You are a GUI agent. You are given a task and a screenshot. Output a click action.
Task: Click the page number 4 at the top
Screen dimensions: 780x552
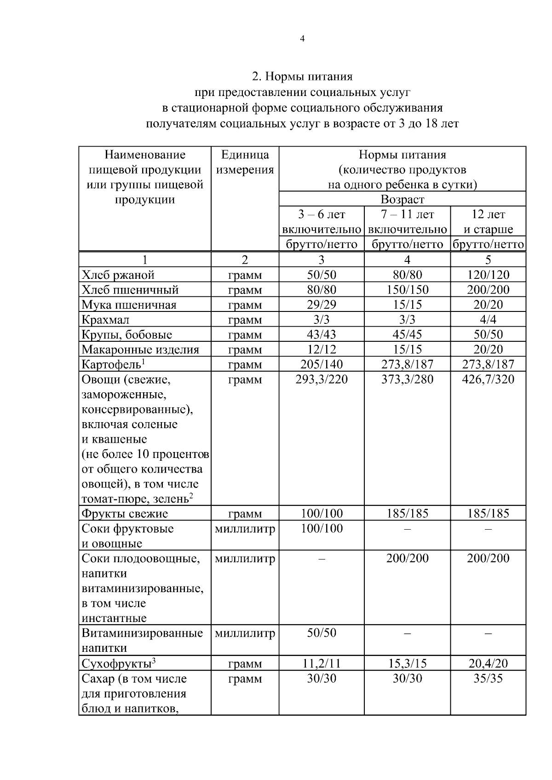click(302, 39)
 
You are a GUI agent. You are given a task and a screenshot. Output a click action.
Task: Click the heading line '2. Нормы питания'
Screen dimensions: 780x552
click(302, 76)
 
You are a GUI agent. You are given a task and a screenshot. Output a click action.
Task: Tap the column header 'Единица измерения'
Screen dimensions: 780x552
click(245, 162)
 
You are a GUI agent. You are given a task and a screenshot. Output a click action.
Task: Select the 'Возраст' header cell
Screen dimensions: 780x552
click(402, 199)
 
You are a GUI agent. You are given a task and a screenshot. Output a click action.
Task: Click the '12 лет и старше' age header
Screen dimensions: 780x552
click(488, 221)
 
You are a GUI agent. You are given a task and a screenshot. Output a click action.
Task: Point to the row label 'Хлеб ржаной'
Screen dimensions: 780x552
click(118, 275)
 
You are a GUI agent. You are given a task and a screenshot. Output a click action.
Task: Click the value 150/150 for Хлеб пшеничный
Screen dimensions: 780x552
click(407, 290)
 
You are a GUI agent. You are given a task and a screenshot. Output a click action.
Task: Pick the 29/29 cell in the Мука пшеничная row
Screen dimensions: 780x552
click(322, 305)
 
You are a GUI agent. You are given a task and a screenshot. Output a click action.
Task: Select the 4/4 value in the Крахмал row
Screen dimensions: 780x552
click(488, 319)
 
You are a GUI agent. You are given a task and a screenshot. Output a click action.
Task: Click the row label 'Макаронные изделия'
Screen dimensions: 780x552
click(140, 350)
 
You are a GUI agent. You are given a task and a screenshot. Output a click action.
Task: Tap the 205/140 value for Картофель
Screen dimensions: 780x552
click(322, 364)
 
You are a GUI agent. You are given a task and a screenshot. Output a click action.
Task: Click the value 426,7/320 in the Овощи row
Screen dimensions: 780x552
click(488, 379)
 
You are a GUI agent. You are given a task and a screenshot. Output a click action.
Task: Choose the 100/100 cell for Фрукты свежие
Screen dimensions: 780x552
click(322, 513)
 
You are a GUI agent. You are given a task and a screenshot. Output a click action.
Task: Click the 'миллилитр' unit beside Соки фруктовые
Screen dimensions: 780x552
click(245, 529)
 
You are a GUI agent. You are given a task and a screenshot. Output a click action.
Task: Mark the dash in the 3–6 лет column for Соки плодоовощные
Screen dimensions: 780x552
click(322, 559)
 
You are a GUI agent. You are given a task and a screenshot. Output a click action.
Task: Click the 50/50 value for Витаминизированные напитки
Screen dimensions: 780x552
click(322, 633)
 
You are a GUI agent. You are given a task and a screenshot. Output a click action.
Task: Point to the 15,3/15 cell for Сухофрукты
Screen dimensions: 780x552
click(407, 663)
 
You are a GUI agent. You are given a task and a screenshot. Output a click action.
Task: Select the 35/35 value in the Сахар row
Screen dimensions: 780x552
click(488, 678)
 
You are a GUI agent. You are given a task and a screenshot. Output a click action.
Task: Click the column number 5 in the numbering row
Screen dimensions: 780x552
click(488, 260)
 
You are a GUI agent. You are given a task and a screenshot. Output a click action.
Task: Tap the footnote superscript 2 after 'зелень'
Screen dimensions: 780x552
click(191, 495)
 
